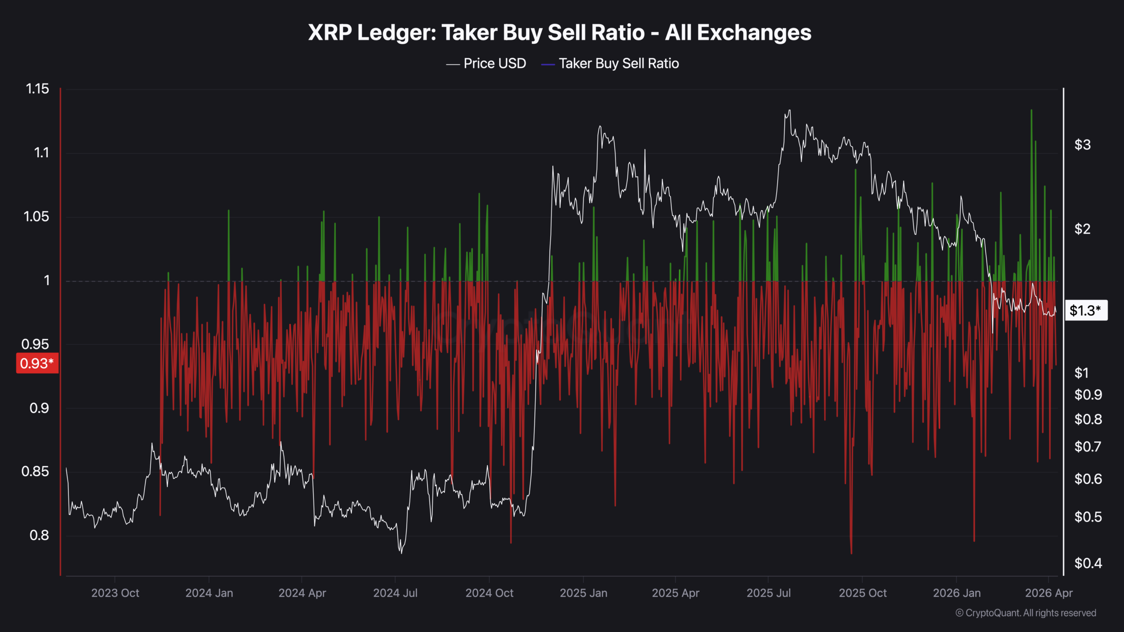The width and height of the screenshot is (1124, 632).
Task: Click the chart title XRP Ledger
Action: (559, 32)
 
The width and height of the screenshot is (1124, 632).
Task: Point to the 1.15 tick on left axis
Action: (37, 89)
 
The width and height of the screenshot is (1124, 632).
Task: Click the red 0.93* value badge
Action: (37, 363)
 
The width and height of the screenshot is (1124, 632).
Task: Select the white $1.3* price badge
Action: (1085, 311)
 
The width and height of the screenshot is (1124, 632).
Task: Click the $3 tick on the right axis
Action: (1082, 145)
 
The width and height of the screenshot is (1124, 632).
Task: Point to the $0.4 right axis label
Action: (1088, 563)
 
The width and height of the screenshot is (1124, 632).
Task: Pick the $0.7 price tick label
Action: (1088, 447)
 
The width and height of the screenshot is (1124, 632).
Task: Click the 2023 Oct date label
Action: (115, 593)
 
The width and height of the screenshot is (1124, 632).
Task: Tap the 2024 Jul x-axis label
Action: (395, 593)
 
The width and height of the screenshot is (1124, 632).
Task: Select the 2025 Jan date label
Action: (583, 593)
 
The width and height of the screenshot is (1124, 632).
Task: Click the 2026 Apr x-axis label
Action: (1048, 593)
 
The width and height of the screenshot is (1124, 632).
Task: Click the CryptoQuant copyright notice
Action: (1026, 613)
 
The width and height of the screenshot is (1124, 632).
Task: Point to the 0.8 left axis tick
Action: (39, 535)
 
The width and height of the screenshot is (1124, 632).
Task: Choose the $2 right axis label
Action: (1082, 229)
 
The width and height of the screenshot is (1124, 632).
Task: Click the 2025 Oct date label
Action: (862, 593)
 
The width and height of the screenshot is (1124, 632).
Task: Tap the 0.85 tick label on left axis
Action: (35, 472)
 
